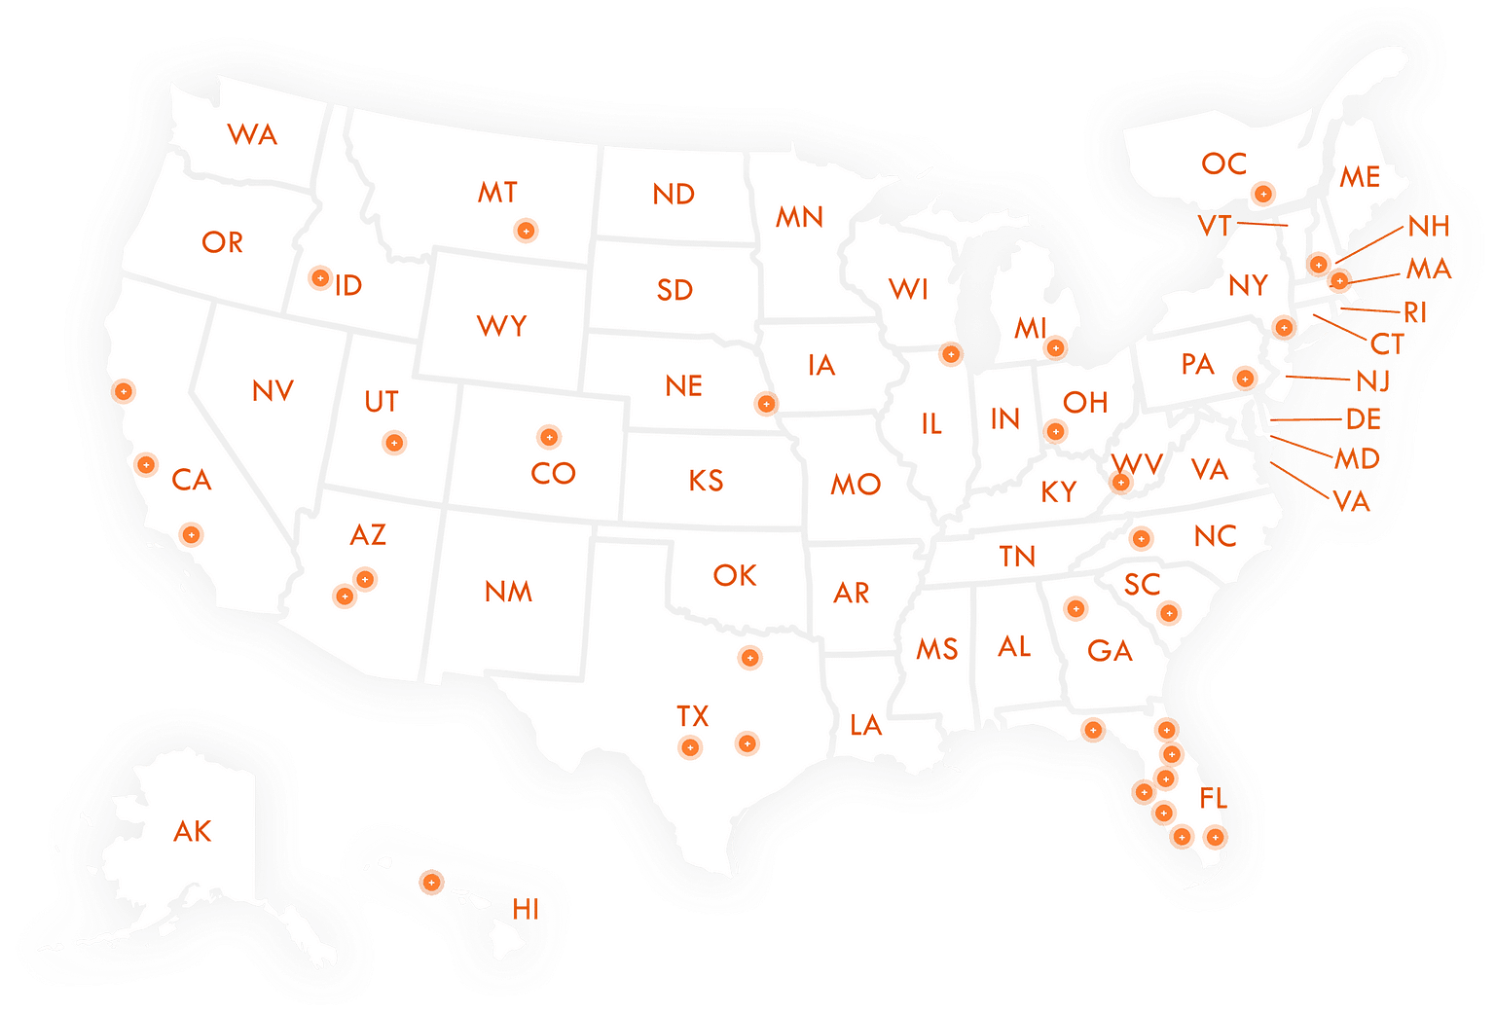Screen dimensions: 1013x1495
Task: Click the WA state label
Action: pos(253,135)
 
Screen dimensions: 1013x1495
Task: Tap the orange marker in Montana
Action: pos(526,231)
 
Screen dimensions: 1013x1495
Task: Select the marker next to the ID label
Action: pos(319,278)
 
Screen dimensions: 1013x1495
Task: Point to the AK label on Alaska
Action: pos(193,831)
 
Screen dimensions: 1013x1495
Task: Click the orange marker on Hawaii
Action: pos(430,882)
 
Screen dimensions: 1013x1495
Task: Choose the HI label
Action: pos(526,910)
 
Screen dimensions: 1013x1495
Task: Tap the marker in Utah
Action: pos(394,443)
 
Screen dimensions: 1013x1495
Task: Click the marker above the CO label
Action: pos(549,436)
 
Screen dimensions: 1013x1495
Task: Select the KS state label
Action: pos(706,481)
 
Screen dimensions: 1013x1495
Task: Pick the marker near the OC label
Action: pos(1262,194)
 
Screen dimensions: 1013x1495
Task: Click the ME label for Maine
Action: pos(1360,177)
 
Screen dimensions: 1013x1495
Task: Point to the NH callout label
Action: pos(1428,227)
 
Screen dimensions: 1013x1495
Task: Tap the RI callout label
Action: pos(1416,312)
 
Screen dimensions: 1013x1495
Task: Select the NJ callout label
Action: pos(1373,380)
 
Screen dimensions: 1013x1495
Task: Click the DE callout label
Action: pos(1364,419)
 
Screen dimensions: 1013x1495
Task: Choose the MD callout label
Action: pos(1358,458)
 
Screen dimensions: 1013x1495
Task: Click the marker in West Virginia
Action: pos(1121,482)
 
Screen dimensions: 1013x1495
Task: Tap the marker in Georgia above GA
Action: pos(1076,609)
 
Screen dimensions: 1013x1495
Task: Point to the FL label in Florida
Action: pos(1213,799)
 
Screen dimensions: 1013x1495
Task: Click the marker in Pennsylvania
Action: pos(1245,378)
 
